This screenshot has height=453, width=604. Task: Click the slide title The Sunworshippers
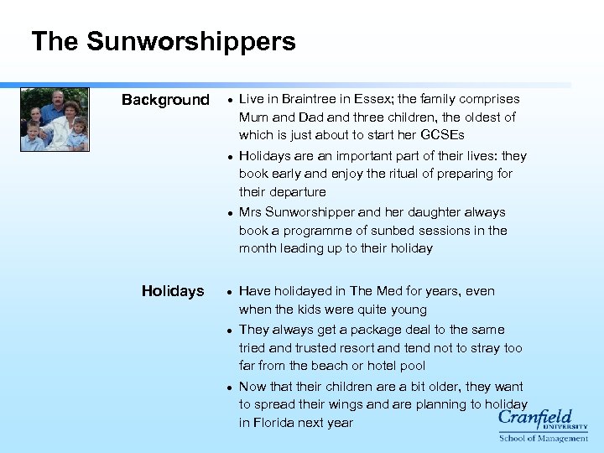pyautogui.click(x=163, y=41)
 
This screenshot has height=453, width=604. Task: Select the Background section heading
pyautogui.click(x=165, y=100)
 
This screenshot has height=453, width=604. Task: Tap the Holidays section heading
pyautogui.click(x=173, y=291)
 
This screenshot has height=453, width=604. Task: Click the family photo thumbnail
pyautogui.click(x=55, y=119)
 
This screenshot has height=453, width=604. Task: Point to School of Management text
pyautogui.click(x=544, y=438)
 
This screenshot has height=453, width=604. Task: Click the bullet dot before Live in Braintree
pyautogui.click(x=229, y=100)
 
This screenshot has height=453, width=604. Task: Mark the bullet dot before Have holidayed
pyautogui.click(x=229, y=292)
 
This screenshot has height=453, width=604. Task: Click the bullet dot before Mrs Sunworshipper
pyautogui.click(x=229, y=213)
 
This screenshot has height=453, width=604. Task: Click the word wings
pyautogui.click(x=359, y=404)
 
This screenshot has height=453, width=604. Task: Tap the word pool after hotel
pyautogui.click(x=412, y=366)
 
